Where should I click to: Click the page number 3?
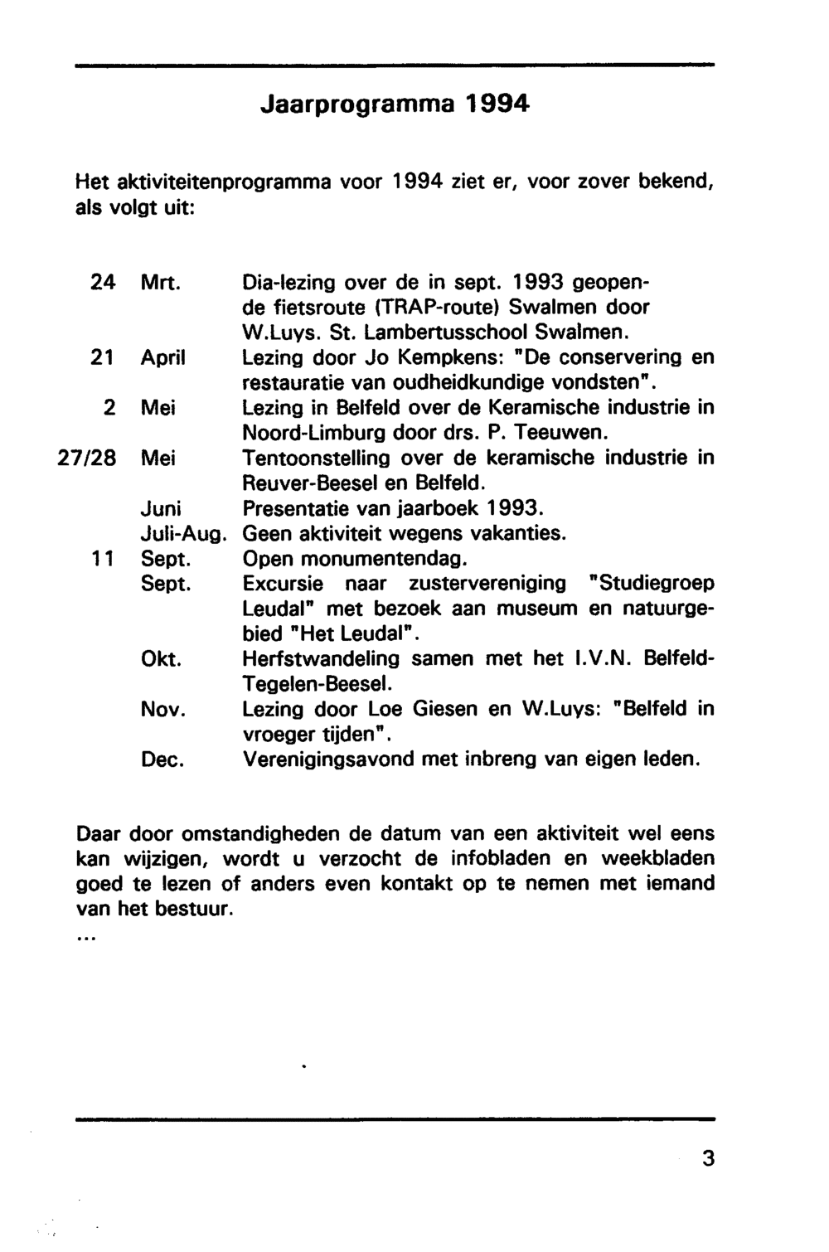(707, 1157)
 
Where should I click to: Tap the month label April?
(162, 358)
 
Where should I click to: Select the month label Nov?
(162, 710)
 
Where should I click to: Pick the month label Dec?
(162, 759)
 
